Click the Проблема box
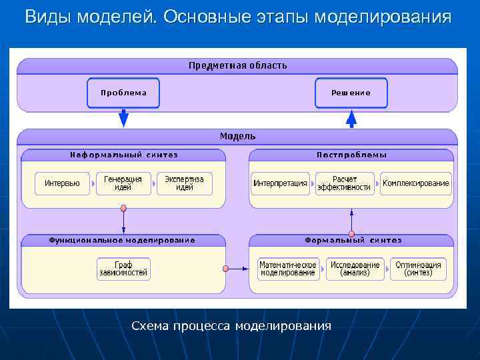(123, 93)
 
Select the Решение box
(351, 93)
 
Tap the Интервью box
(62, 183)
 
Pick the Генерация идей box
(123, 183)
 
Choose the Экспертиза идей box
(184, 183)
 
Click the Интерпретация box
(280, 183)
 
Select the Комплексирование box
(416, 183)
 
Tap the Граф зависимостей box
(124, 269)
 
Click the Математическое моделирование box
(288, 269)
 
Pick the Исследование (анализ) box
(355, 269)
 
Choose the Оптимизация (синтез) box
(419, 269)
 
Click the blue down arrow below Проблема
(123, 118)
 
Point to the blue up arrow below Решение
(351, 119)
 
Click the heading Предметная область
(238, 65)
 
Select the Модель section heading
(238, 136)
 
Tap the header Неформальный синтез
(124, 155)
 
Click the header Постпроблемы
(351, 155)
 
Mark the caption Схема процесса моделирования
(231, 326)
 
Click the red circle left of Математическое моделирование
(225, 269)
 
